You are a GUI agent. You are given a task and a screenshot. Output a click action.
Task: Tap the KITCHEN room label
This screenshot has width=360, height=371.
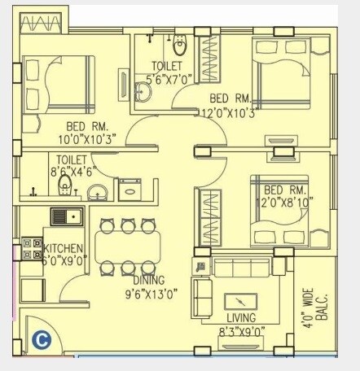point(64,249)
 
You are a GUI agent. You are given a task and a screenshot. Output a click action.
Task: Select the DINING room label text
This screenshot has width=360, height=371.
point(149,280)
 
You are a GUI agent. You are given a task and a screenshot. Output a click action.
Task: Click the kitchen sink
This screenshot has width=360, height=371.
point(65,216)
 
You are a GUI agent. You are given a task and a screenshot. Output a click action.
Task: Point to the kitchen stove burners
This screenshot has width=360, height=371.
point(32,248)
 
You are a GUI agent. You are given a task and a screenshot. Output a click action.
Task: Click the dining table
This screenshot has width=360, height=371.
point(127,246)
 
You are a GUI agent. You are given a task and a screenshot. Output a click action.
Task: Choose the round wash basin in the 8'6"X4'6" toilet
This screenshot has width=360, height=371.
point(97,192)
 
